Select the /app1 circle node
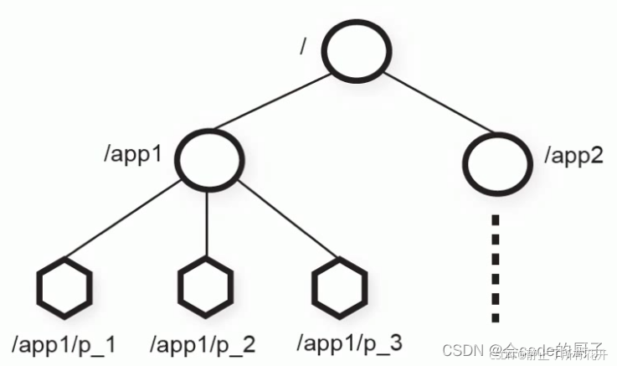pyautogui.click(x=208, y=155)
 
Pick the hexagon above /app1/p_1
pyautogui.click(x=64, y=287)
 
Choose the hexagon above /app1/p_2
pyautogui.click(x=207, y=287)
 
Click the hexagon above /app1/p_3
pyautogui.click(x=341, y=287)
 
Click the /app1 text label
pyautogui.click(x=133, y=155)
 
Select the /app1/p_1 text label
pyautogui.click(x=64, y=343)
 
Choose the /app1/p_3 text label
pyautogui.click(x=350, y=343)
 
